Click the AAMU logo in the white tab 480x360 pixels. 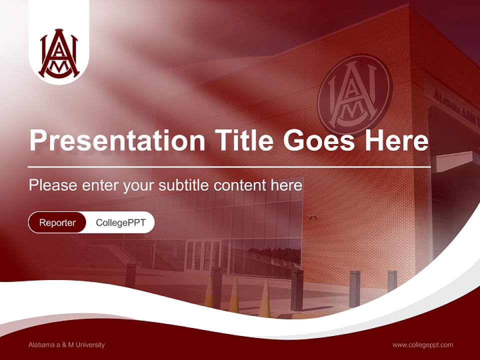pyautogui.click(x=59, y=53)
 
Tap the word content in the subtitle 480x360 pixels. pyautogui.click(x=239, y=185)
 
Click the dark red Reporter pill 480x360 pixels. pyautogui.click(x=57, y=222)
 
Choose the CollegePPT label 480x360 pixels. pyautogui.click(x=120, y=222)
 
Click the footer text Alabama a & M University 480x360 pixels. pyautogui.click(x=66, y=345)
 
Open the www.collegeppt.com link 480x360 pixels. pyautogui.click(x=422, y=345)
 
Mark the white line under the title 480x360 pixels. pyautogui.click(x=229, y=166)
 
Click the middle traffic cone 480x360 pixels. pyautogui.click(x=234, y=296)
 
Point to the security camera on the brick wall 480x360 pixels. pyautogui.click(x=313, y=217)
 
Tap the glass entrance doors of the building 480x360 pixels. pyautogui.click(x=203, y=254)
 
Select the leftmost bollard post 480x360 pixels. pyautogui.click(x=130, y=275)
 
